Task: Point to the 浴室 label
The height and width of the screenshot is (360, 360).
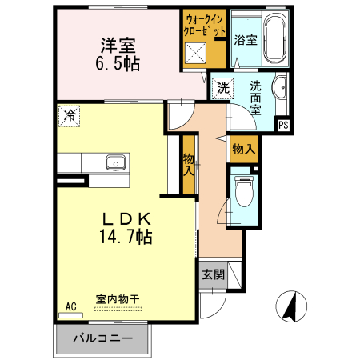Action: coord(246,40)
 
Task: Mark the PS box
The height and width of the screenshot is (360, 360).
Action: coord(282,126)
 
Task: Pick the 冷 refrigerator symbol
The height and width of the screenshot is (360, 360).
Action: coord(70,115)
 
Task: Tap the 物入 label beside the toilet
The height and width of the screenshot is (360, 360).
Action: coord(243,149)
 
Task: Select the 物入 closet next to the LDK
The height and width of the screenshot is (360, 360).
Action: coord(189,165)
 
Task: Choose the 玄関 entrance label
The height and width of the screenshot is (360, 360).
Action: coord(213,274)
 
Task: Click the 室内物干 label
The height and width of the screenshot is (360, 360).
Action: coord(117,299)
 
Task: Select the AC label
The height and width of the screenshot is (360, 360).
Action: coord(70,306)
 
